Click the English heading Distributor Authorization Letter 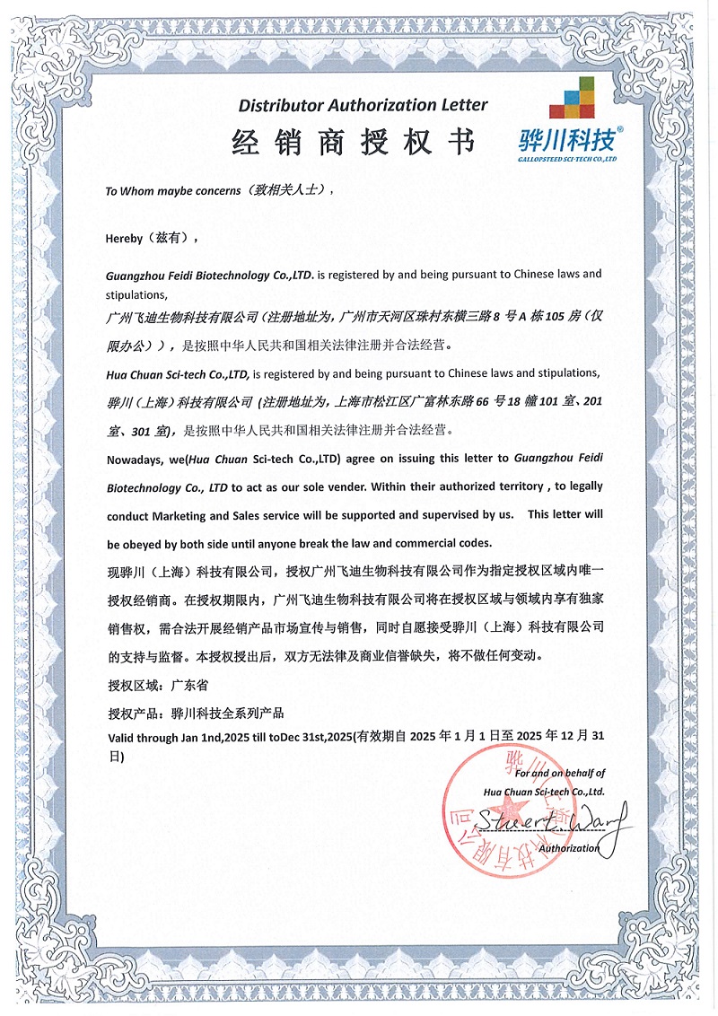pyautogui.click(x=363, y=105)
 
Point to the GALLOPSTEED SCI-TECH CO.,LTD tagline pyautogui.click(x=569, y=158)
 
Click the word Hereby pyautogui.click(x=125, y=238)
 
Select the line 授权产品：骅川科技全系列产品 pyautogui.click(x=195, y=714)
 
